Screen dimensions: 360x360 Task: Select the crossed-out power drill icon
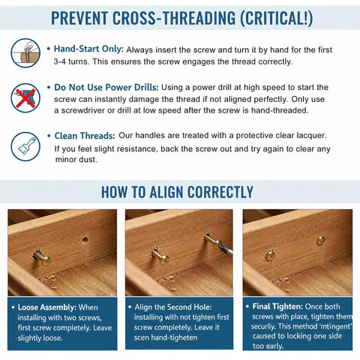point(25,97)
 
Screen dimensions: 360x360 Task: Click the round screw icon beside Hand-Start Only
point(25,52)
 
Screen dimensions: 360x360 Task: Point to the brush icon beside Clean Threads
point(25,142)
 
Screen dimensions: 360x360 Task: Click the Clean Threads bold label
point(84,136)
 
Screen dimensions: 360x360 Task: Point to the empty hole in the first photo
point(85,241)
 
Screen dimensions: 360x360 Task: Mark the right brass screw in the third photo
point(320,241)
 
